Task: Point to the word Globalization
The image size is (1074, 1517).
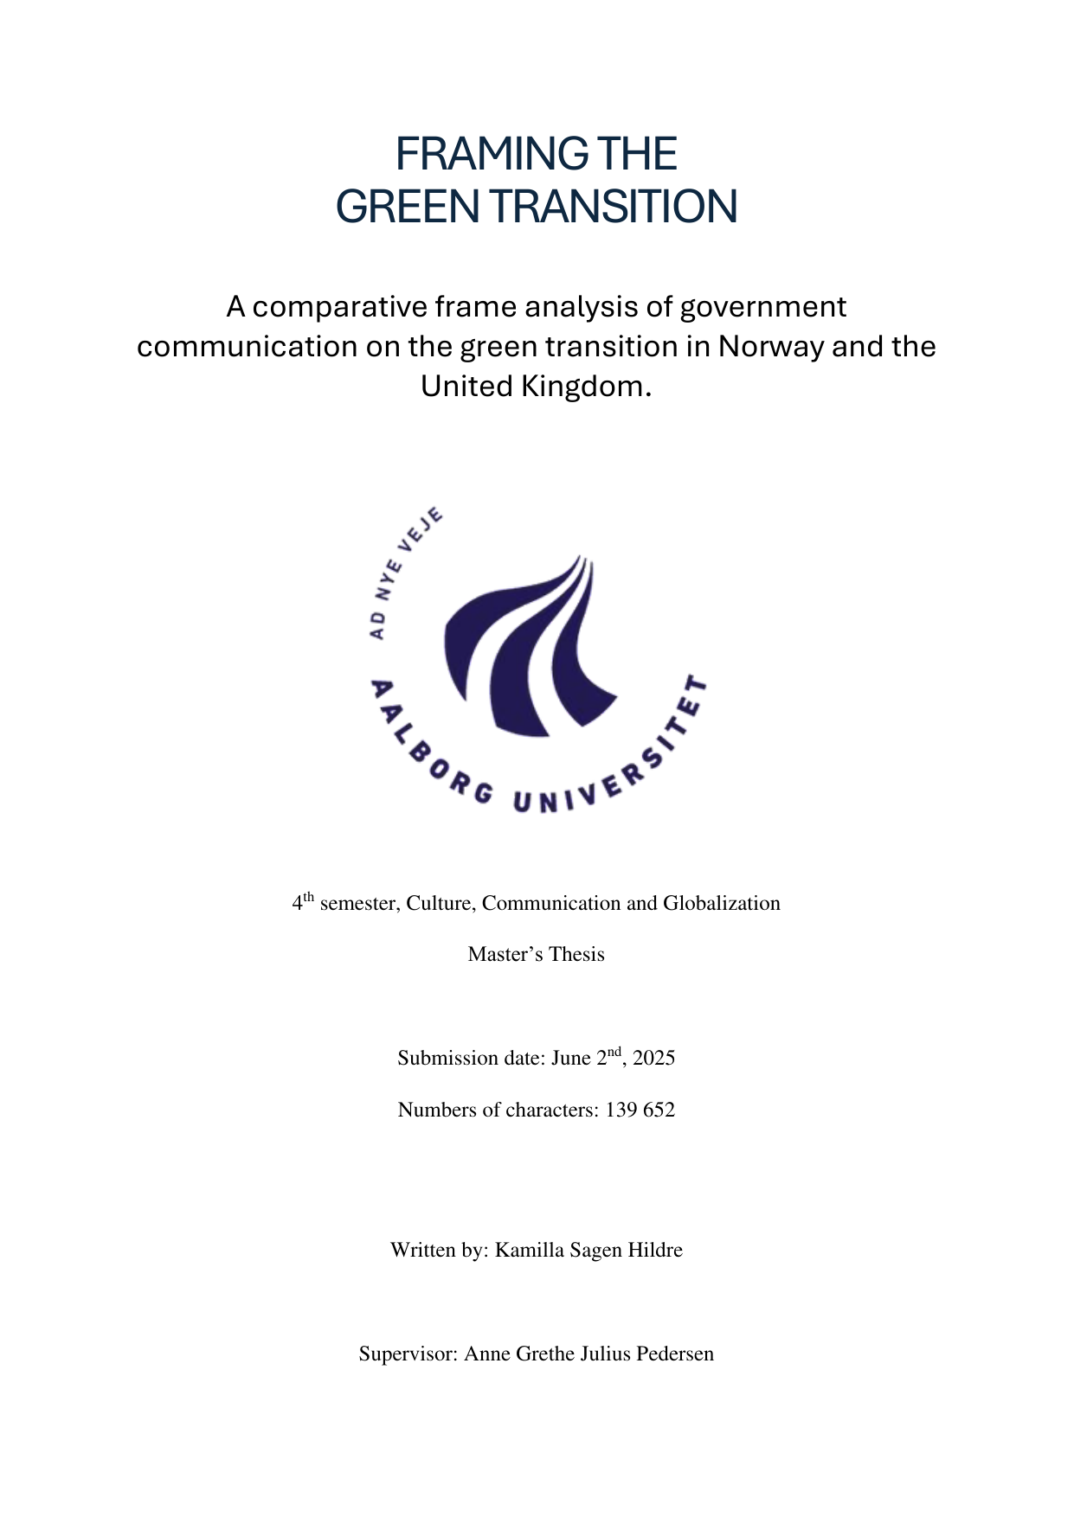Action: point(722,903)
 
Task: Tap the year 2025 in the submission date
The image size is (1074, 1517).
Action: point(653,1058)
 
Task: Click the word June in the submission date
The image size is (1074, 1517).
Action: point(571,1058)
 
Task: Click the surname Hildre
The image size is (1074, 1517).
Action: point(654,1250)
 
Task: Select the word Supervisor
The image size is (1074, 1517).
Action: point(408,1354)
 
